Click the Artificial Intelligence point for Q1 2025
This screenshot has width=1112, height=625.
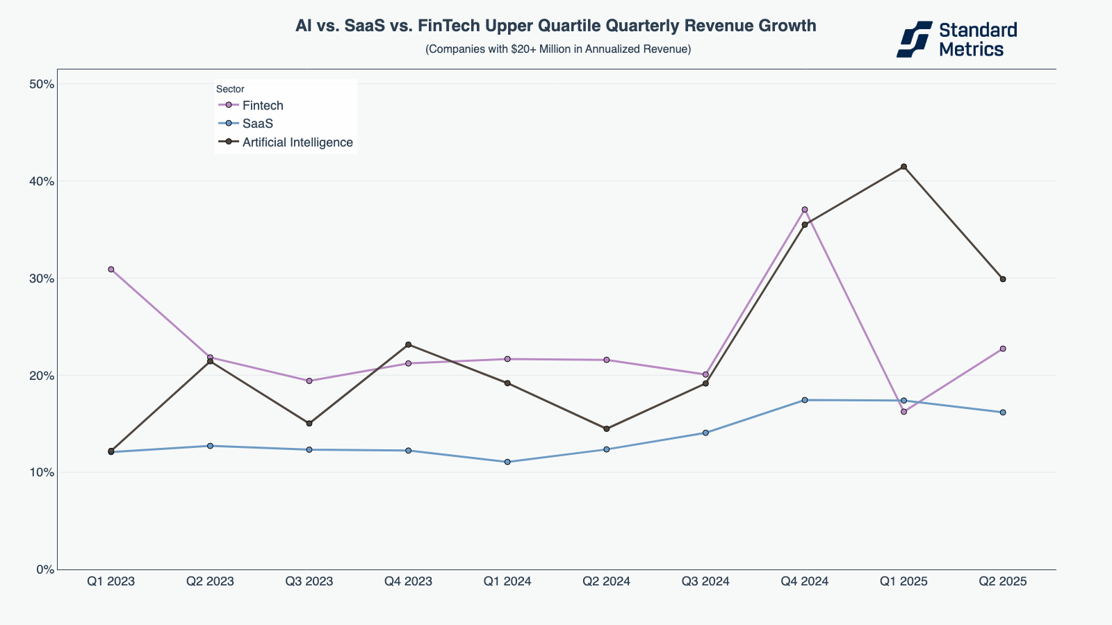(x=903, y=167)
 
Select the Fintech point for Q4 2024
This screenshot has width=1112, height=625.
(x=805, y=210)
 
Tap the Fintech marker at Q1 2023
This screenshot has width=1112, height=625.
(x=111, y=269)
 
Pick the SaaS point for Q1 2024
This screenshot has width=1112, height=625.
(x=507, y=462)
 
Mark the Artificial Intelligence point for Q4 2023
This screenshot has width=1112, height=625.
(x=408, y=344)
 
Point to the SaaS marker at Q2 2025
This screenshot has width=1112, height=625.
(x=1003, y=412)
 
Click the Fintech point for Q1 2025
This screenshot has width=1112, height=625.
(x=903, y=412)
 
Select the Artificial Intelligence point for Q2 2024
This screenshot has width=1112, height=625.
(x=606, y=429)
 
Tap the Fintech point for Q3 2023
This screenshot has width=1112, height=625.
(x=309, y=381)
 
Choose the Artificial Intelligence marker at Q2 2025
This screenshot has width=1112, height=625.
(x=1003, y=279)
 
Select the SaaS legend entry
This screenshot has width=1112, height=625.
(x=257, y=124)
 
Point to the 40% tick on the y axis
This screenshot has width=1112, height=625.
(x=42, y=181)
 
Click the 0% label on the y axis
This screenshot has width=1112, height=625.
(x=44, y=569)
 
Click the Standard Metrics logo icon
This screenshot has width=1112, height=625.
(x=914, y=39)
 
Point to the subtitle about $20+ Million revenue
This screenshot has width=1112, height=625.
(x=558, y=49)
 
